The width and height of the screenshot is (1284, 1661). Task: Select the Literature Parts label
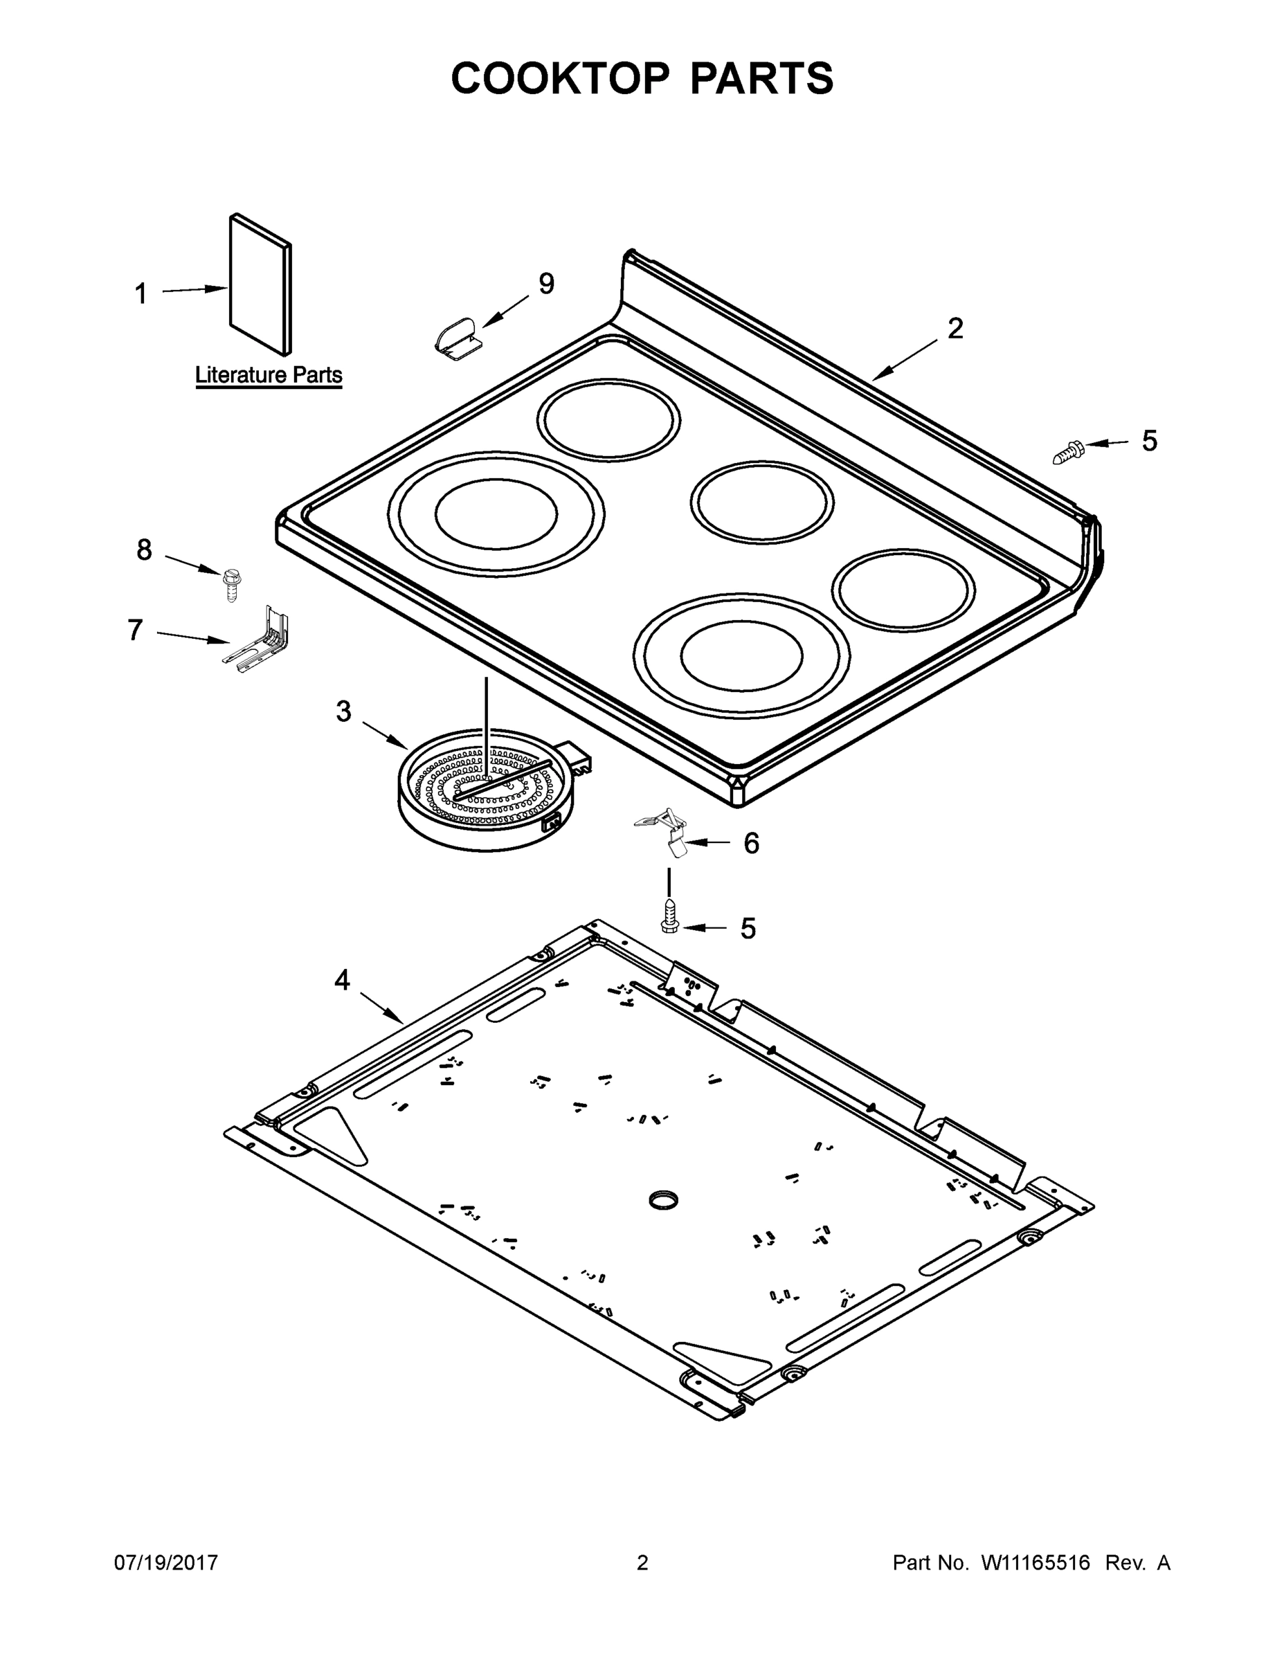tap(269, 375)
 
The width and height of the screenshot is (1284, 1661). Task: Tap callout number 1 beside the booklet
tap(141, 293)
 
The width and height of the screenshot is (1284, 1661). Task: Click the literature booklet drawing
tap(260, 284)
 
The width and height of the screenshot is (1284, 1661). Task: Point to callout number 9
tap(546, 284)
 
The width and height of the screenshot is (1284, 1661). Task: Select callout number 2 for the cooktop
tap(955, 329)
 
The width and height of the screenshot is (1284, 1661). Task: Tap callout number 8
tap(144, 549)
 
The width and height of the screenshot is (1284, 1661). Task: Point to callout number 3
tap(344, 712)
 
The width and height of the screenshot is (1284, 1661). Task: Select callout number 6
tap(751, 844)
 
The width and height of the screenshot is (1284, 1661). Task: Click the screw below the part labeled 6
tap(669, 915)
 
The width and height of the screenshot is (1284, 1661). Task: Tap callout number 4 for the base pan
tap(343, 981)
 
